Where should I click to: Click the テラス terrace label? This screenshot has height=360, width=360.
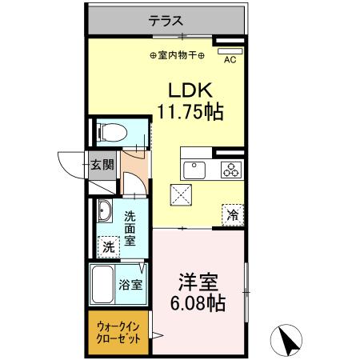[x=166, y=22]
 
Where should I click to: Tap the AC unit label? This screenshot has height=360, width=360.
[x=230, y=58]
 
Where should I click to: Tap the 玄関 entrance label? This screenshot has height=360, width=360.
[x=102, y=166]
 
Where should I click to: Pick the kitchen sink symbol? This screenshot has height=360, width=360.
[x=195, y=169]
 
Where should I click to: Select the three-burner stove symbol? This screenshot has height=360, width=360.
[x=231, y=169]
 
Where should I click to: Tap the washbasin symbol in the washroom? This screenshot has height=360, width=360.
[x=104, y=212]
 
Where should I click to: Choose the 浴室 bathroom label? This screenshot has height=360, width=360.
[x=131, y=283]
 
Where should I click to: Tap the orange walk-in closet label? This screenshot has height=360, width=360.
[x=118, y=332]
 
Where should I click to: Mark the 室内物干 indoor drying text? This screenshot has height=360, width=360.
[x=178, y=55]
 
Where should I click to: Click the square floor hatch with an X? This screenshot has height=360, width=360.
[x=180, y=193]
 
